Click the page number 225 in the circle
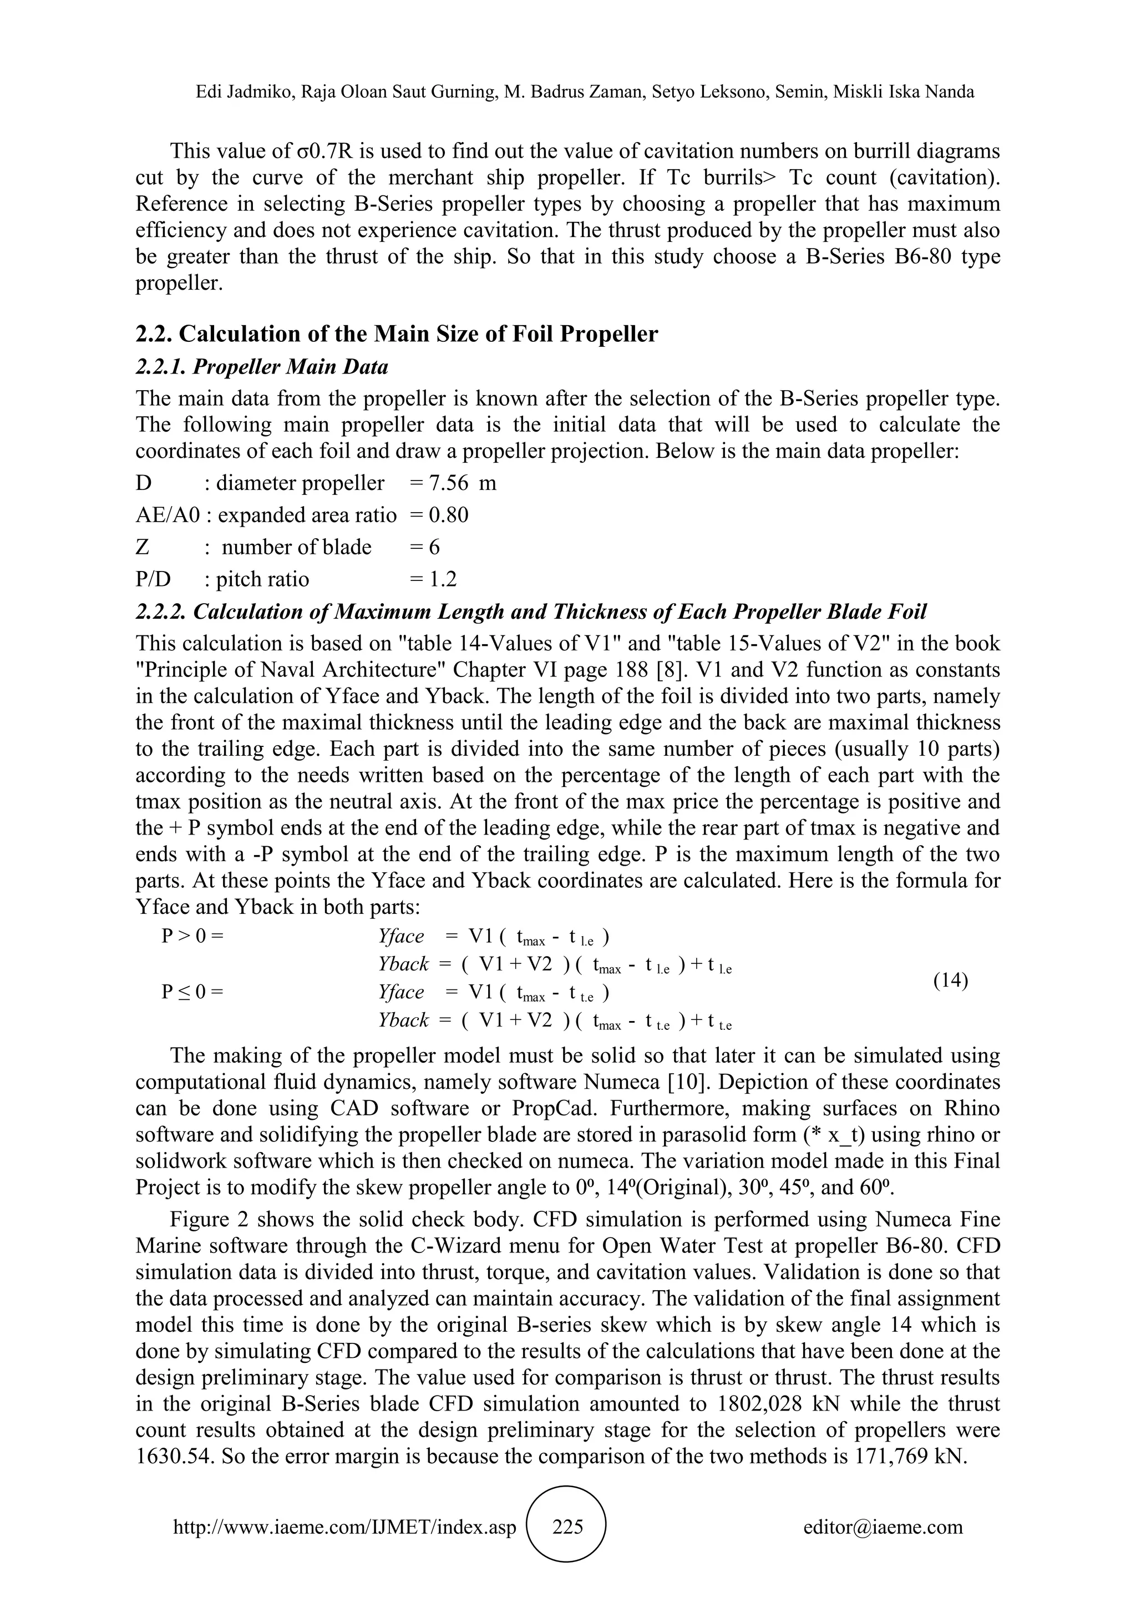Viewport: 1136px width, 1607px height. click(x=567, y=1527)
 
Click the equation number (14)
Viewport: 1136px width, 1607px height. click(x=951, y=980)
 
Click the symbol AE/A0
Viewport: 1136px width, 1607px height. click(x=168, y=515)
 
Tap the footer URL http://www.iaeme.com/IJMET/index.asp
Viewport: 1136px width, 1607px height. click(x=344, y=1527)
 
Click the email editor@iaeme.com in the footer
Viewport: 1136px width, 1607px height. click(x=883, y=1527)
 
